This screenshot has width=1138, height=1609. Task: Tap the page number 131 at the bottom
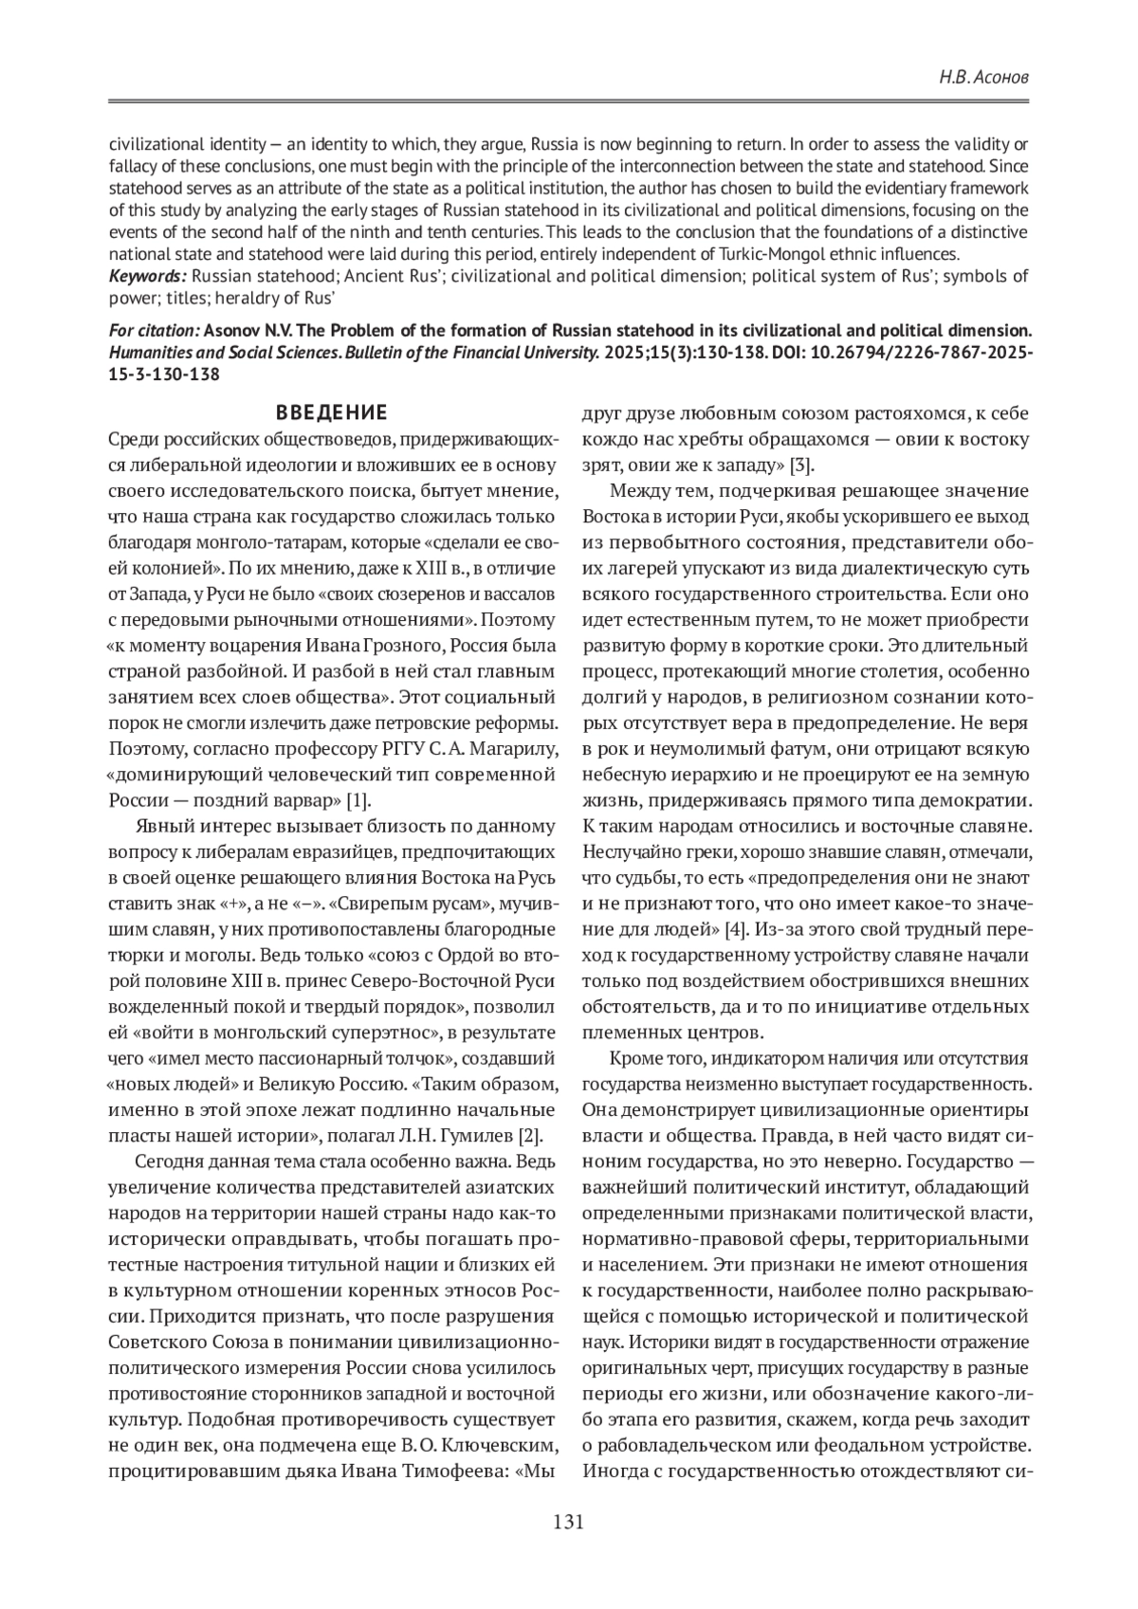pyautogui.click(x=568, y=1522)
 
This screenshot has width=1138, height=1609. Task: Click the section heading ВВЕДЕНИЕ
pyautogui.click(x=331, y=412)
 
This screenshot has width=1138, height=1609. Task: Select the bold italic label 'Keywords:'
pyautogui.click(x=148, y=276)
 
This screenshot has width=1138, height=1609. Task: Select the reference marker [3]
pyautogui.click(x=802, y=465)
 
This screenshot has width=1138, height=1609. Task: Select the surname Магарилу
pyautogui.click(x=507, y=750)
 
